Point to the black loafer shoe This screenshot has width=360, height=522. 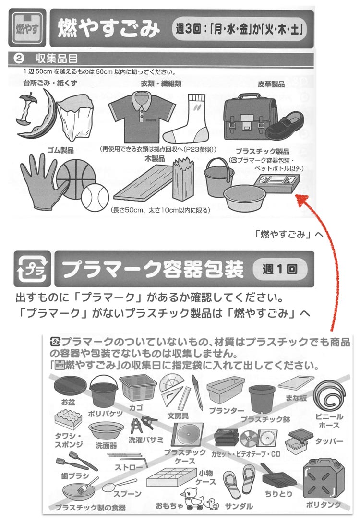click(285, 126)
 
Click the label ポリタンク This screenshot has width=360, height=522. click(324, 505)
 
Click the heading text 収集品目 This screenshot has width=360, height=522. click(57, 59)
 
